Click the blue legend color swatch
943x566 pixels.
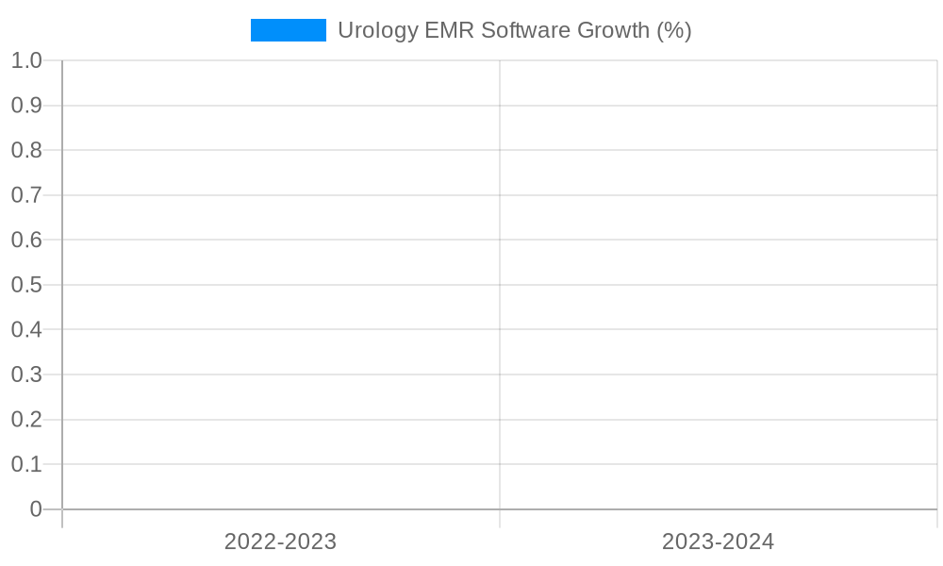pos(288,30)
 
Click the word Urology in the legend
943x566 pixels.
pos(377,30)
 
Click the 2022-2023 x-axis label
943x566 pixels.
pos(280,541)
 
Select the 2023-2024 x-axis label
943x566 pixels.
pos(718,541)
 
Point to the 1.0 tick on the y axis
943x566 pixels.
pos(26,60)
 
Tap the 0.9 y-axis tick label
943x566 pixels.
pos(26,106)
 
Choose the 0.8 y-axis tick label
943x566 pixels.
pos(26,150)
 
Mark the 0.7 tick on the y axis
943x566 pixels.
pos(26,195)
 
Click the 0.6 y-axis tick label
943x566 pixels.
pos(26,240)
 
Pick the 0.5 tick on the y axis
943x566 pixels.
pos(26,285)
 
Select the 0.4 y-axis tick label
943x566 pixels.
pos(26,329)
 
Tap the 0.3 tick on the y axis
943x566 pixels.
pos(26,375)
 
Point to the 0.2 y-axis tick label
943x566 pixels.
pos(26,419)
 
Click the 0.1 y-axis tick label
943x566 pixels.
pos(26,464)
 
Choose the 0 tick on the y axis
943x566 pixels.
pos(36,509)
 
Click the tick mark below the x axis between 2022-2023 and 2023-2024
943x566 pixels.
pos(500,519)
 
